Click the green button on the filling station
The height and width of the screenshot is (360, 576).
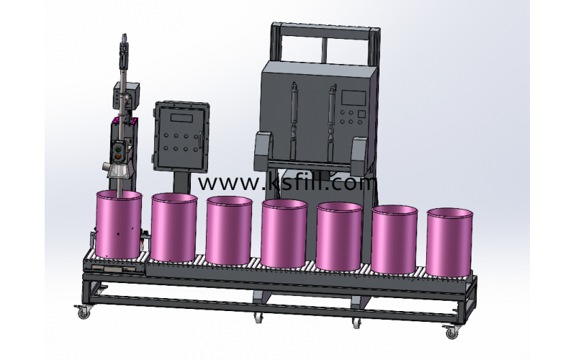point(118,149)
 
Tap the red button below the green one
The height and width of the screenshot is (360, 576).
point(118,157)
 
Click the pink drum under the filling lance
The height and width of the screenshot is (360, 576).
point(119,224)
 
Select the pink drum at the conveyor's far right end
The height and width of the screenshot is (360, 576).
point(449,242)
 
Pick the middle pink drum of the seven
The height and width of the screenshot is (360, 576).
point(284,233)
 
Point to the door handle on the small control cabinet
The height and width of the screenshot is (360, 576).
point(200,140)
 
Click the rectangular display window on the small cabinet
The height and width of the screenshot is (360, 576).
point(181,118)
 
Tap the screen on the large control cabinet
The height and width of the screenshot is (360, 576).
point(354,98)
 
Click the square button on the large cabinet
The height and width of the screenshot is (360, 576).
point(361,114)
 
